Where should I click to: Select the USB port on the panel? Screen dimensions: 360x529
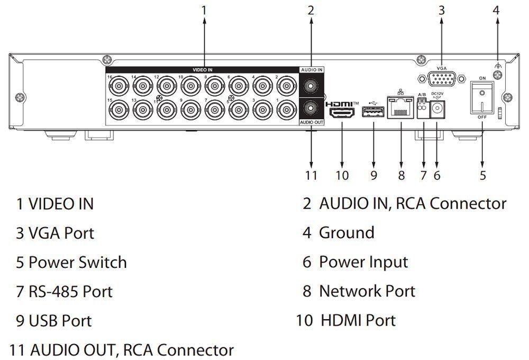(372, 112)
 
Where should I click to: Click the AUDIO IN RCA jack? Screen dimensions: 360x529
(311, 84)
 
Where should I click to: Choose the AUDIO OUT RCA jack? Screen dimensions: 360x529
(311, 109)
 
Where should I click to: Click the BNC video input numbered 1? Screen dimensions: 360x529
(287, 110)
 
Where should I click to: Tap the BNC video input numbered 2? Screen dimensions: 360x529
(287, 85)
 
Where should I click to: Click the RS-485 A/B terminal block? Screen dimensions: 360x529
(422, 110)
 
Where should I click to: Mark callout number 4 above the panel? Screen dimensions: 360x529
(496, 10)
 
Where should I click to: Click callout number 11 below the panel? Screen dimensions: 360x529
(311, 175)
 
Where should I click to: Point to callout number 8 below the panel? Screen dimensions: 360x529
(401, 175)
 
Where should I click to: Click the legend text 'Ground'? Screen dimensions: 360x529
(346, 232)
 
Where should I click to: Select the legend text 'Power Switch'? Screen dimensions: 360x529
(77, 262)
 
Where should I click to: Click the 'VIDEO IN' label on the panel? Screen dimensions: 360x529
(202, 69)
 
